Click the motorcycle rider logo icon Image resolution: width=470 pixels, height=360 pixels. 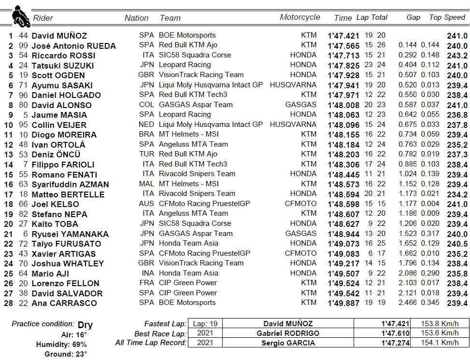coord(20,16)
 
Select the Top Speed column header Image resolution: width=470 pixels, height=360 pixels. coord(447,17)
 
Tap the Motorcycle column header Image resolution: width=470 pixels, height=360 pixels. coord(299,17)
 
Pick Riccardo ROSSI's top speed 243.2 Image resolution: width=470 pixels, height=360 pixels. coord(457,55)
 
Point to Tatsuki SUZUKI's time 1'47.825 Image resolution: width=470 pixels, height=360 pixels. coord(343,66)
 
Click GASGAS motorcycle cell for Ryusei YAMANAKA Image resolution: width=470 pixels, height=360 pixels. coord(300,234)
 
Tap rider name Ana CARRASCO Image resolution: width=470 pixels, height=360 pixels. coord(64,303)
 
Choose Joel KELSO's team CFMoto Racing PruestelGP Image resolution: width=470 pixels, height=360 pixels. coord(204,204)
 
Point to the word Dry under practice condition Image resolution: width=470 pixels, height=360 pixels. coord(85,325)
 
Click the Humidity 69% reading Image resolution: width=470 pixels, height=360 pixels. coord(61,345)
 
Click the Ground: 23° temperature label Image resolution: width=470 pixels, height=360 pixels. coord(66,354)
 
